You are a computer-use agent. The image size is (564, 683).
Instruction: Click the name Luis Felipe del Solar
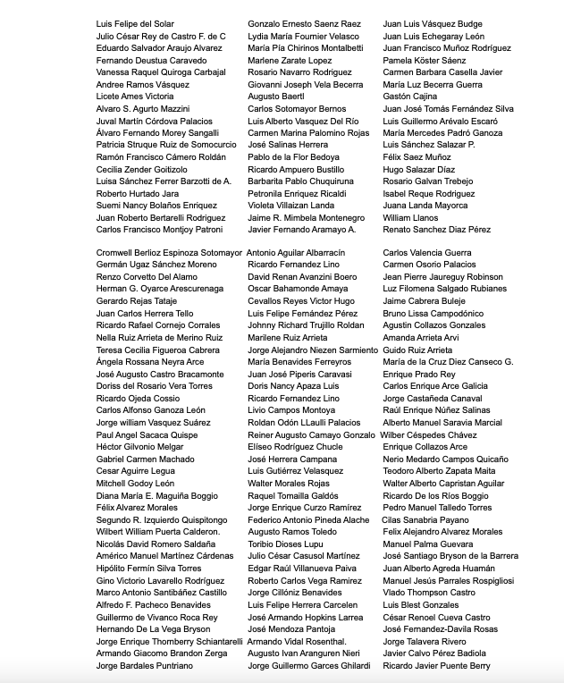(x=136, y=24)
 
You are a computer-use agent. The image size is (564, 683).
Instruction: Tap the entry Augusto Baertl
(x=276, y=97)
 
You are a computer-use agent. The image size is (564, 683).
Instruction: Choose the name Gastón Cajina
(x=410, y=97)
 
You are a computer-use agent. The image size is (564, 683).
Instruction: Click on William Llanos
(x=410, y=217)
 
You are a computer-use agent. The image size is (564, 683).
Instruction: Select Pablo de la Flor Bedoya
(x=293, y=157)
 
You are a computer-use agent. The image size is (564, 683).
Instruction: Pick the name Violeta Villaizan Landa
(x=291, y=206)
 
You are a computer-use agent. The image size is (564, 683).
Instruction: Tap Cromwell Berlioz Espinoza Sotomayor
(x=169, y=253)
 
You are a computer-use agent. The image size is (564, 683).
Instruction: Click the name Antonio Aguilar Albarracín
(x=295, y=253)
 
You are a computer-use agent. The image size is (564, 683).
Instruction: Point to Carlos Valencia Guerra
(x=427, y=253)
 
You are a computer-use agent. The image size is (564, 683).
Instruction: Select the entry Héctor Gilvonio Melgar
(x=139, y=447)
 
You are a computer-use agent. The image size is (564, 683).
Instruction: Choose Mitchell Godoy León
(x=136, y=484)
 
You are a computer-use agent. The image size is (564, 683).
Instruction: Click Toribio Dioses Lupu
(x=284, y=544)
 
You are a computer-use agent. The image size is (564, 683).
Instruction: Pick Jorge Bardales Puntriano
(x=144, y=666)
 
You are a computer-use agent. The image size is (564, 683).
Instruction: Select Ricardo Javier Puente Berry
(x=436, y=666)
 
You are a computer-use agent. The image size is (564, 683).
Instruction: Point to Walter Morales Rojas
(x=289, y=484)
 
